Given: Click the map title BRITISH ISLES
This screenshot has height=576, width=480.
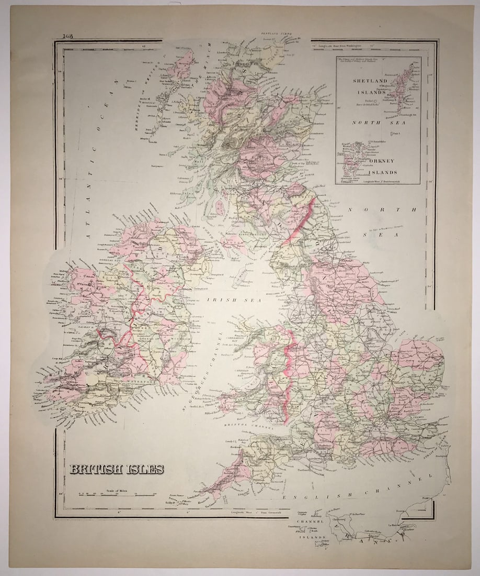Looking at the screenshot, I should pos(117,469).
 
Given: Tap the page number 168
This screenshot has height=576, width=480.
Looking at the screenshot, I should pos(67,36).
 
